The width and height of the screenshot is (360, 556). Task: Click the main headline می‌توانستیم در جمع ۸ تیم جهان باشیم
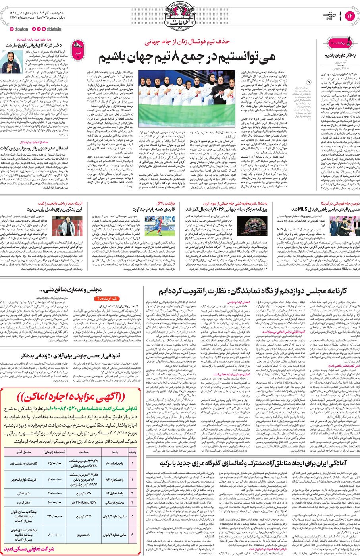point(187,56)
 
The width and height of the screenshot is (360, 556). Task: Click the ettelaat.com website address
point(17,29)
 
